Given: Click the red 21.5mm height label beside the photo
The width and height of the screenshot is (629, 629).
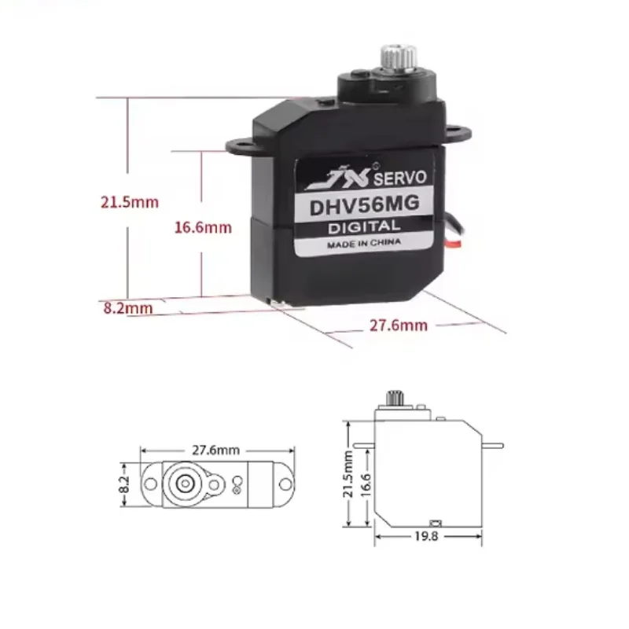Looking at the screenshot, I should click(129, 202).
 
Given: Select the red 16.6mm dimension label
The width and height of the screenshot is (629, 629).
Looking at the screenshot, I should click(203, 228).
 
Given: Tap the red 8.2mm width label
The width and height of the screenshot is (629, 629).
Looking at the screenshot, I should click(127, 307).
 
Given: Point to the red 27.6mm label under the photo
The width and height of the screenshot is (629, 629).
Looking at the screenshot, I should click(399, 325).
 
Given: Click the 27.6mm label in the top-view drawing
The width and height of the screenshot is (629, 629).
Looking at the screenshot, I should click(215, 450).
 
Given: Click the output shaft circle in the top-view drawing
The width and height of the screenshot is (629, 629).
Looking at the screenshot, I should click(184, 483).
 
